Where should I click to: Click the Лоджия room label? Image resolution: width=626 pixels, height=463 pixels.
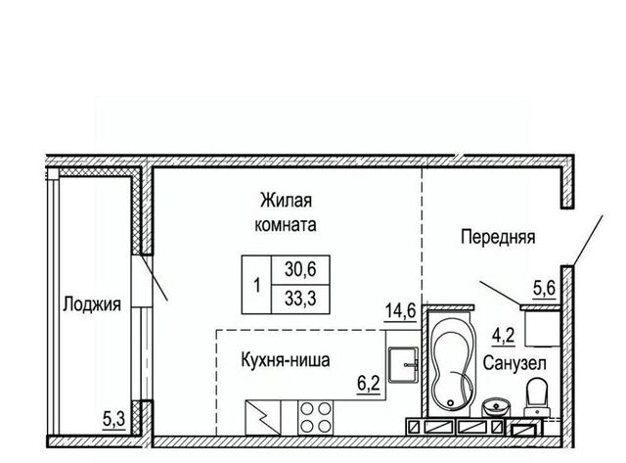click(x=92, y=304)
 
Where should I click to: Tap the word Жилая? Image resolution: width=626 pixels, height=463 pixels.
click(x=286, y=200)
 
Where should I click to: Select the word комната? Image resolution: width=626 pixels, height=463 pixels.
click(x=286, y=224)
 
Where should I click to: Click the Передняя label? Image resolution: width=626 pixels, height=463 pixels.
click(x=498, y=237)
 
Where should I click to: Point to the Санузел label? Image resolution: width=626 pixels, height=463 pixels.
click(x=514, y=363)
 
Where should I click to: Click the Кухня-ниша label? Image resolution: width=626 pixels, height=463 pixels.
click(x=286, y=360)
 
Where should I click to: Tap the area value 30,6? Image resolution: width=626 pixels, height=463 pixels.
click(x=300, y=269)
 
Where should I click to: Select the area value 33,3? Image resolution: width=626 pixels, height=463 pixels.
click(x=300, y=298)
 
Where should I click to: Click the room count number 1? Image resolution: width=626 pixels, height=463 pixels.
click(x=257, y=286)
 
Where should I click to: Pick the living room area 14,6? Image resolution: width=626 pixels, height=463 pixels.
click(x=401, y=310)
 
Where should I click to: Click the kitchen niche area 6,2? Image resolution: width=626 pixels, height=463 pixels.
click(x=368, y=384)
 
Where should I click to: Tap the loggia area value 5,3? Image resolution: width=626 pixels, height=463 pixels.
click(x=114, y=420)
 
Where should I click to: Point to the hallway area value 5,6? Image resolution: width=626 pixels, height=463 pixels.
click(x=545, y=288)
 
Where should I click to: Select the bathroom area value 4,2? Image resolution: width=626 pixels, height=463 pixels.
click(x=504, y=336)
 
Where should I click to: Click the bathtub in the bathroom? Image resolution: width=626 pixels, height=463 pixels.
click(x=451, y=363)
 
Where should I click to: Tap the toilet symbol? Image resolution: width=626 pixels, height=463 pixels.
click(x=536, y=397)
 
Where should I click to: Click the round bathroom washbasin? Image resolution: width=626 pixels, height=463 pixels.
click(x=495, y=407)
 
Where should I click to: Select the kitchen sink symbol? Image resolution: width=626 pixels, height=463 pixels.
click(x=404, y=365)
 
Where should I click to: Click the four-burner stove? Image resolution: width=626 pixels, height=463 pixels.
click(x=315, y=417)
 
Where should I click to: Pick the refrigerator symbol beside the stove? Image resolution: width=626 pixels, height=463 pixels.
click(x=263, y=417)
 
